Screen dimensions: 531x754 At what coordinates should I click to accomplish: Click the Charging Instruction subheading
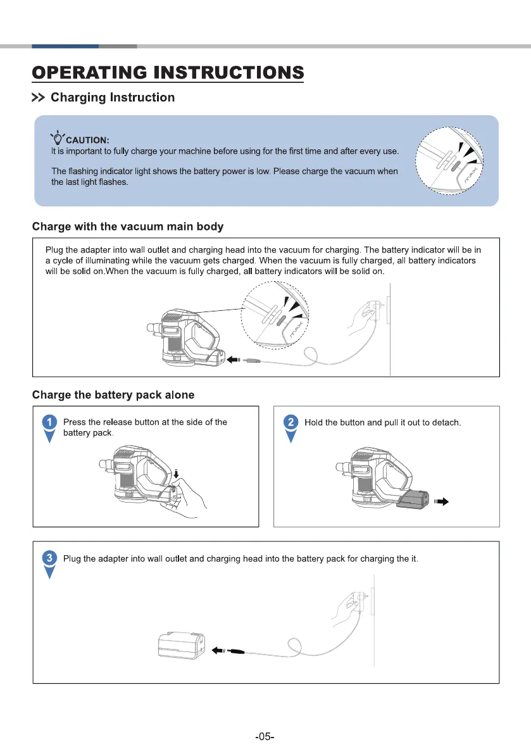click(x=112, y=97)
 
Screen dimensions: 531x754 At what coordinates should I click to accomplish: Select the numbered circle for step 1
click(x=49, y=422)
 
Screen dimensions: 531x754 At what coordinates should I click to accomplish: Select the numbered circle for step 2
click(x=290, y=422)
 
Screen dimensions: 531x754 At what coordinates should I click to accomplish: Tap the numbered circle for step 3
click(x=49, y=558)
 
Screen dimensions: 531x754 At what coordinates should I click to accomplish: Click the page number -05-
click(x=265, y=736)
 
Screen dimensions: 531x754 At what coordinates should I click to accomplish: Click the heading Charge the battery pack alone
click(x=113, y=395)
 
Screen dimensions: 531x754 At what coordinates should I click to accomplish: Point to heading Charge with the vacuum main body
click(x=127, y=227)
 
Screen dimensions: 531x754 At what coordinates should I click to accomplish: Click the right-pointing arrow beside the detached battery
click(x=442, y=502)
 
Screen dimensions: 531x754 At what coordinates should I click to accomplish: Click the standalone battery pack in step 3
click(x=182, y=645)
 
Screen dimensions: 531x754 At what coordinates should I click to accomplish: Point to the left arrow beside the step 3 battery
click(x=216, y=650)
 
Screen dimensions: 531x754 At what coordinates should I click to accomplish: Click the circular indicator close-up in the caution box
click(x=449, y=161)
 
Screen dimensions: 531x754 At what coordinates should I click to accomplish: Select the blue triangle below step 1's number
click(x=49, y=437)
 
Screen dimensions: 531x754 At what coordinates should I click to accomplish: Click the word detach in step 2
click(x=446, y=422)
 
